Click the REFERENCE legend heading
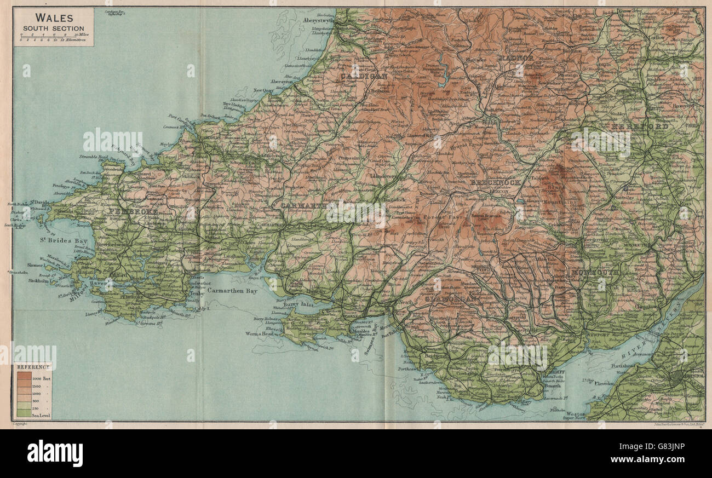[32, 367]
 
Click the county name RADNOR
[515, 58]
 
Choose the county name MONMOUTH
[595, 272]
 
